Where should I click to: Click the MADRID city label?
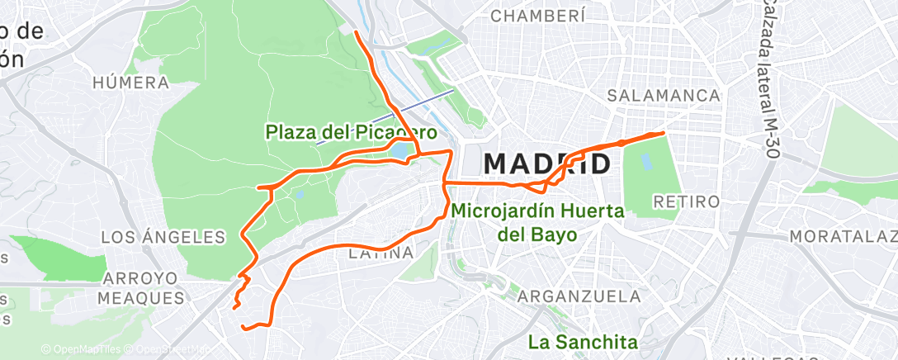tap(546, 163)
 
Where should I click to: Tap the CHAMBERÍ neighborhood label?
tap(538, 16)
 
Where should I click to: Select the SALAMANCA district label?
tap(664, 96)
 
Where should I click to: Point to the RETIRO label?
tap(686, 201)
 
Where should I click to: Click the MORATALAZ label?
tap(843, 237)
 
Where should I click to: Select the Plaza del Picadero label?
tap(350, 131)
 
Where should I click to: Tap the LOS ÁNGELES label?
tap(163, 238)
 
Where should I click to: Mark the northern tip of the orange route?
tap(356, 31)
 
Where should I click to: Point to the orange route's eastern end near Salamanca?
tap(663, 132)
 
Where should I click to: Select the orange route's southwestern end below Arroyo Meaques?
tap(243, 328)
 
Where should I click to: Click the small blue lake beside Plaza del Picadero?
tap(400, 151)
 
